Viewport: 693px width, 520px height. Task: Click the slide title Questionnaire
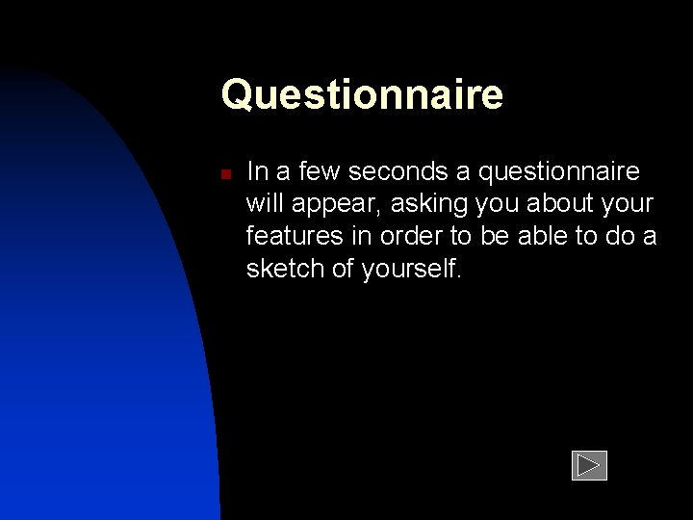[x=362, y=95]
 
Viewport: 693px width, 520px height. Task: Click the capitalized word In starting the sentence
[x=256, y=172]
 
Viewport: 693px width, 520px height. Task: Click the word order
[x=417, y=237]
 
